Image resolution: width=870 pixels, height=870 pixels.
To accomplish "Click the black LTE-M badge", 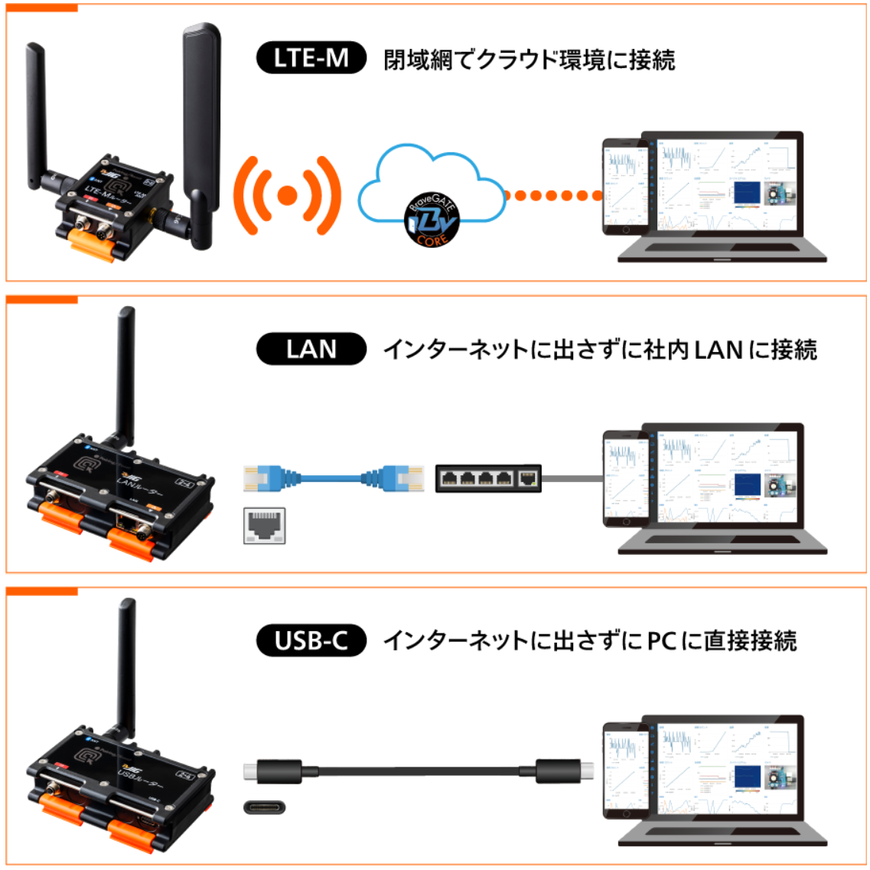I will click(311, 59).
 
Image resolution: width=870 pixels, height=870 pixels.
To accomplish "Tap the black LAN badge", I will click(311, 350).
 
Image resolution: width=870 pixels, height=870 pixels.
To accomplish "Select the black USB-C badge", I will click(311, 640).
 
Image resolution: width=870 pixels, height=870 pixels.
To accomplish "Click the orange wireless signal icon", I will click(287, 195).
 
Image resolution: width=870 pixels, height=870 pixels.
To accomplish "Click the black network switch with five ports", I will click(488, 478).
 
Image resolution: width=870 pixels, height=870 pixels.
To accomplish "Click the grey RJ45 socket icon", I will click(265, 526).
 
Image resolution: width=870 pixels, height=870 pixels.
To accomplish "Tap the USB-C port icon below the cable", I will click(265, 806).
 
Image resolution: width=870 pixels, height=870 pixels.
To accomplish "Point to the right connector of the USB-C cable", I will click(567, 771).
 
